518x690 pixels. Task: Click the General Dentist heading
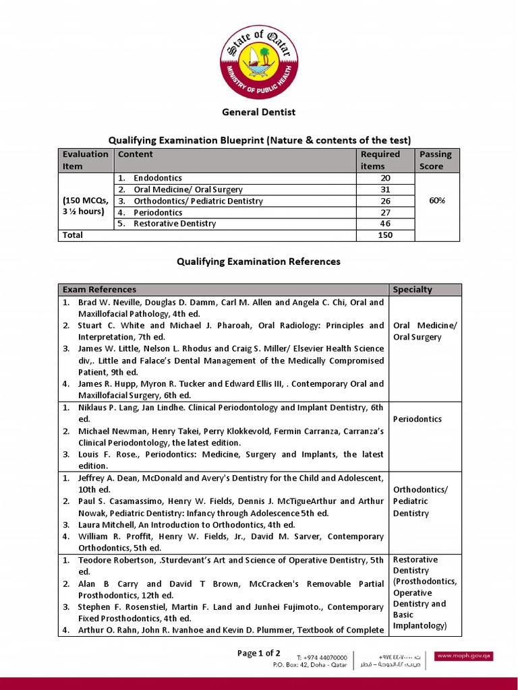[259, 112]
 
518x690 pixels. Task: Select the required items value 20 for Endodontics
[385, 178]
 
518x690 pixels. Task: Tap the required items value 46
[385, 224]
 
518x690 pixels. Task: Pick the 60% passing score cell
[436, 201]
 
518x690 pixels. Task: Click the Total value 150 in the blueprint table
[385, 235]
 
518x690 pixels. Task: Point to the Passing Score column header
[436, 160]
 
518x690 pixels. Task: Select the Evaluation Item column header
[85, 160]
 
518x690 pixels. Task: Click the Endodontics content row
[158, 178]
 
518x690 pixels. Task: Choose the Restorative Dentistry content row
[175, 224]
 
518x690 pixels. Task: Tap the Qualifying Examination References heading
[258, 261]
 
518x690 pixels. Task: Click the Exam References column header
[99, 290]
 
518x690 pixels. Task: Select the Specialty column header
[413, 290]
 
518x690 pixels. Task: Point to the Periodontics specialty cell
[418, 419]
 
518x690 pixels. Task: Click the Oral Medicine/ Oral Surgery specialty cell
[424, 332]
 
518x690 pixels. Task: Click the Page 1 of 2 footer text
[259, 653]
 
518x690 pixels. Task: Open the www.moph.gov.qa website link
[463, 656]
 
